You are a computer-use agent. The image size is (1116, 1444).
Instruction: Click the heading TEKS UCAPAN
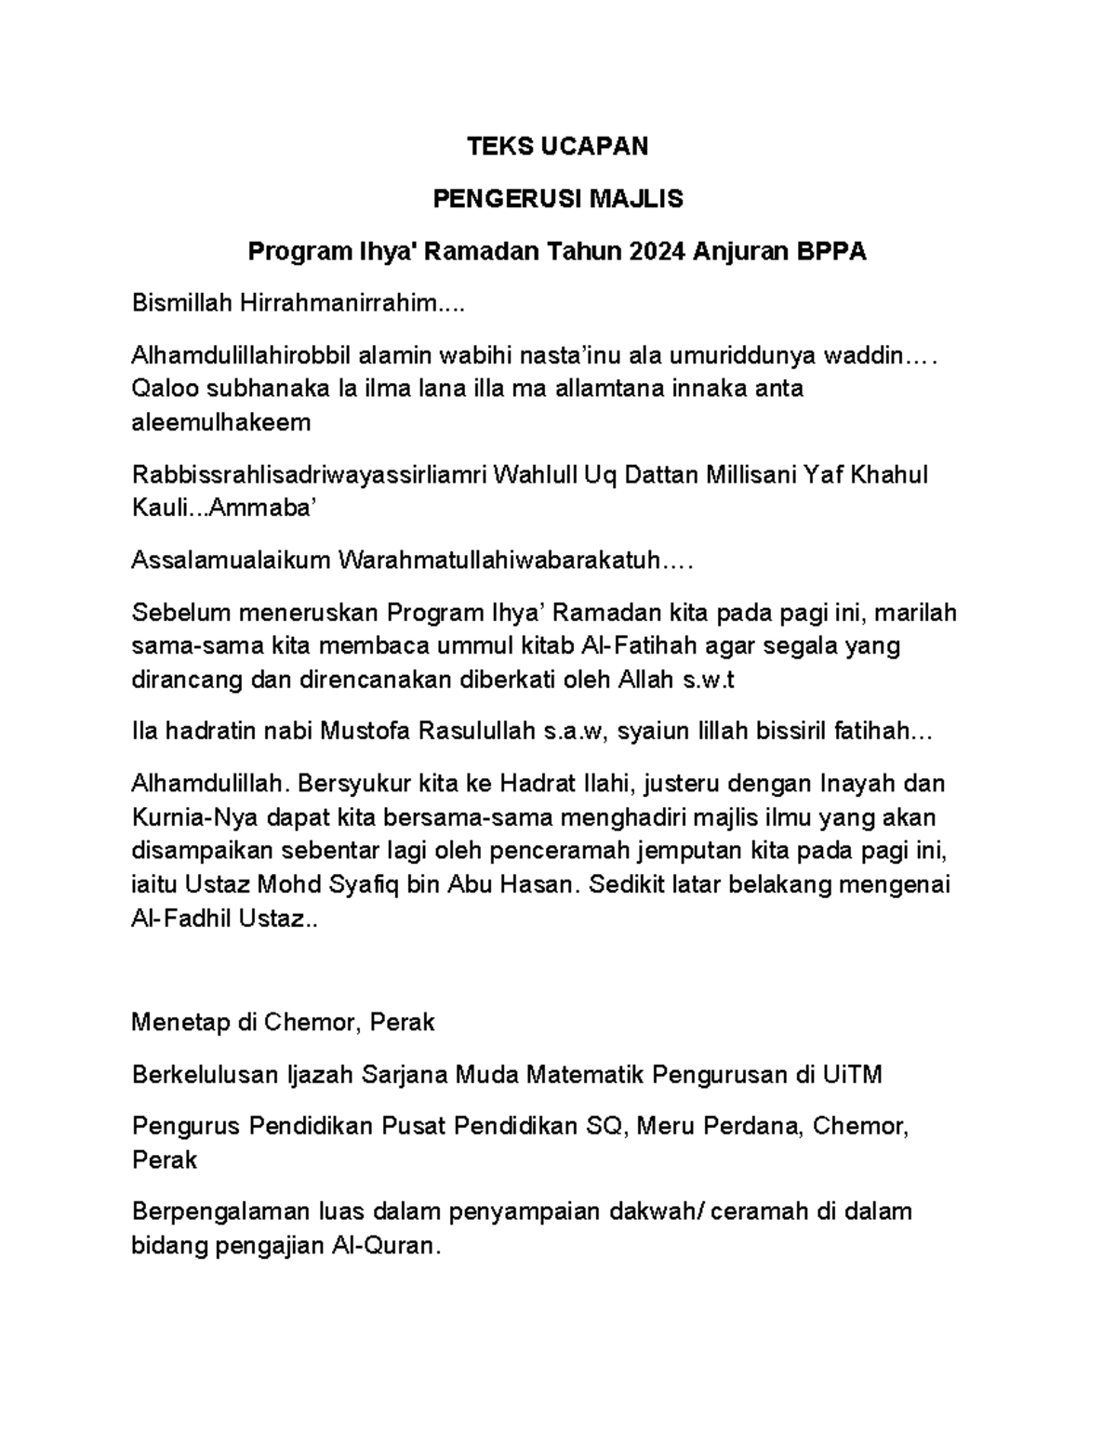coord(557,146)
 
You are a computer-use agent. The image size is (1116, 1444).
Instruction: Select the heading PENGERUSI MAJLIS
coord(557,198)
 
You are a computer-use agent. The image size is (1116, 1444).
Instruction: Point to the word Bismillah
coord(182,302)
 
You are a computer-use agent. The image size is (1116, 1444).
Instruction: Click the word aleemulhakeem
coord(221,423)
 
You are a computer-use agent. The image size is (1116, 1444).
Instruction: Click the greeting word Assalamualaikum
coord(232,561)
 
